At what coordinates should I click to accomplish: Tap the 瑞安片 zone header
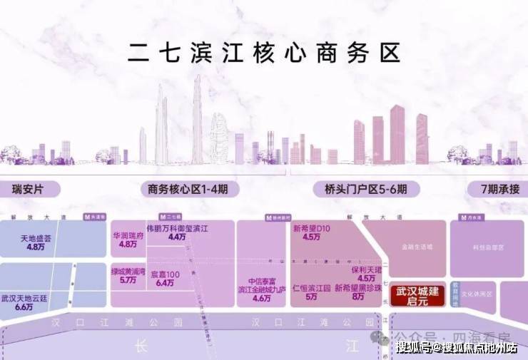coord(29,190)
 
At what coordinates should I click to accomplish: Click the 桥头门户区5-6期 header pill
coord(360,190)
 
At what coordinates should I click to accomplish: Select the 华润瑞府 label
coord(128,235)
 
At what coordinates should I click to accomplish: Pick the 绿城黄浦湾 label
coord(128,272)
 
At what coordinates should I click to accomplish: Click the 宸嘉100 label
coord(164,273)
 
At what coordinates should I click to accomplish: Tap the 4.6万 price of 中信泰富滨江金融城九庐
coord(262,298)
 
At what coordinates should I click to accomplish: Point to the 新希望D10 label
coord(311,229)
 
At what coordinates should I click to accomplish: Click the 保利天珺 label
coord(367,270)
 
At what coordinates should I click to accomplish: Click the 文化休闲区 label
coord(477,293)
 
